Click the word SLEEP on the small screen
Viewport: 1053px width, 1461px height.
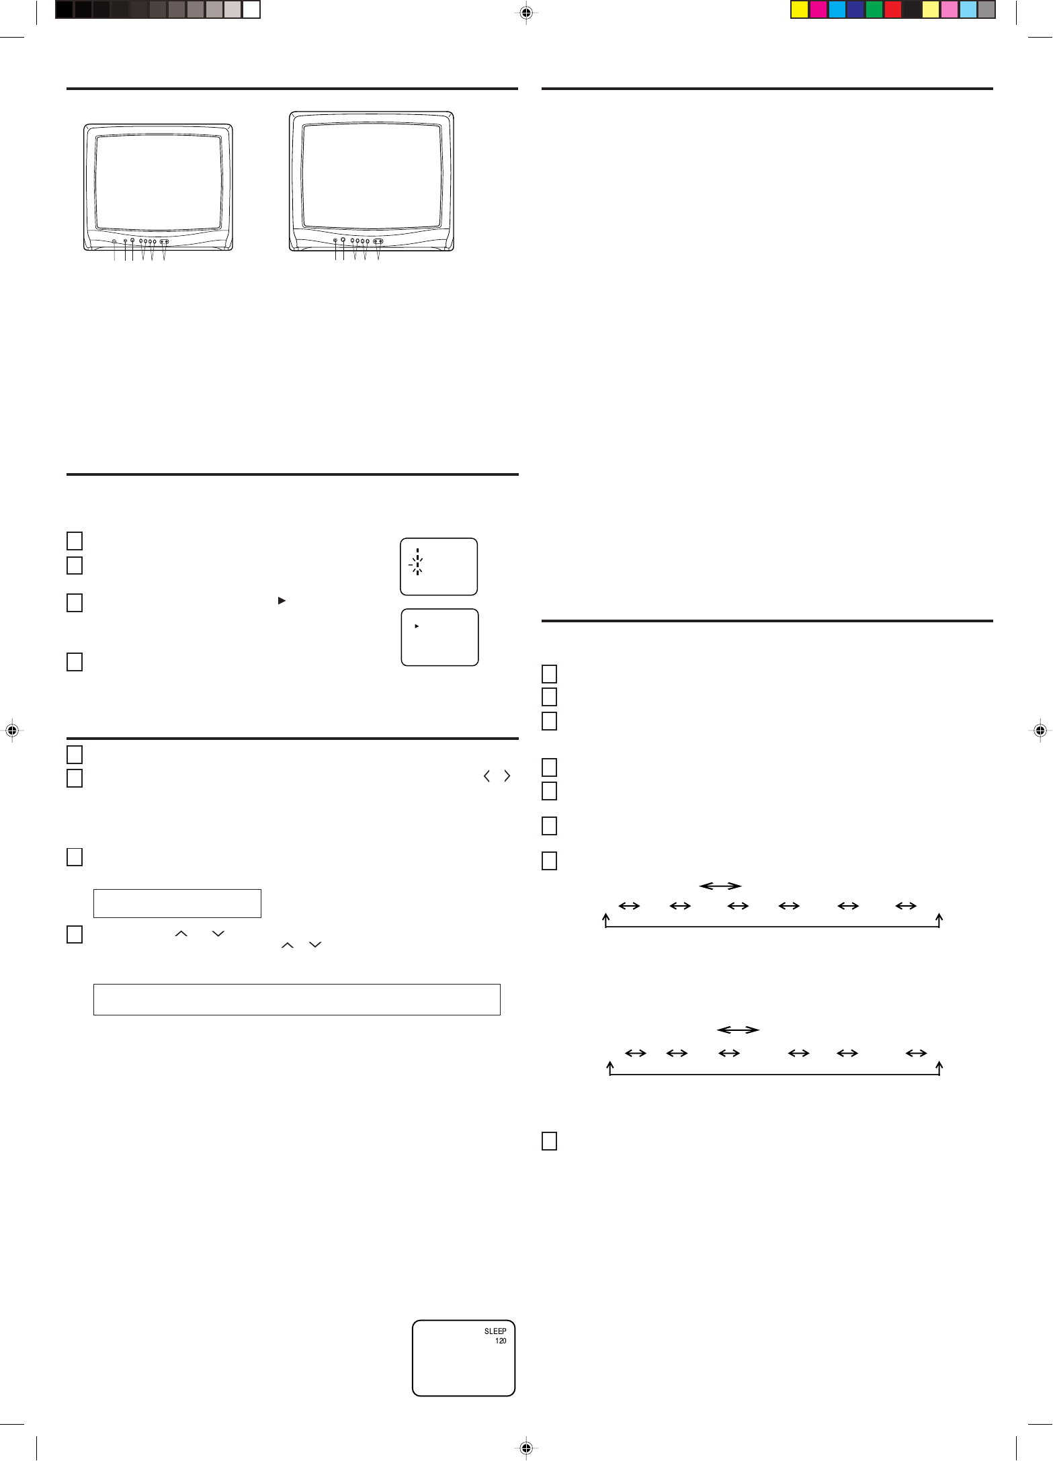(x=495, y=1331)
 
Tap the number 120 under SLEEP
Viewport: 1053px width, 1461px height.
(x=501, y=1341)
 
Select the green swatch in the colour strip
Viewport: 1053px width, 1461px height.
(x=874, y=9)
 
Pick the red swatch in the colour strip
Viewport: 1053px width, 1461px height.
(x=893, y=9)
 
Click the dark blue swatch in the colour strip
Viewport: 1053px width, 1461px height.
(x=855, y=9)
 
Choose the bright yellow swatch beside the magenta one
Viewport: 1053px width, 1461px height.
(x=799, y=9)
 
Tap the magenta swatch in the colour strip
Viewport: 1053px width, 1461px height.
(x=818, y=9)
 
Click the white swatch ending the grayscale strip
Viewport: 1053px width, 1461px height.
(x=251, y=9)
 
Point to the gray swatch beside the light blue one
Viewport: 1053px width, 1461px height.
(x=986, y=9)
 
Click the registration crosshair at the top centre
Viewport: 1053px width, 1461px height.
(x=526, y=13)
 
